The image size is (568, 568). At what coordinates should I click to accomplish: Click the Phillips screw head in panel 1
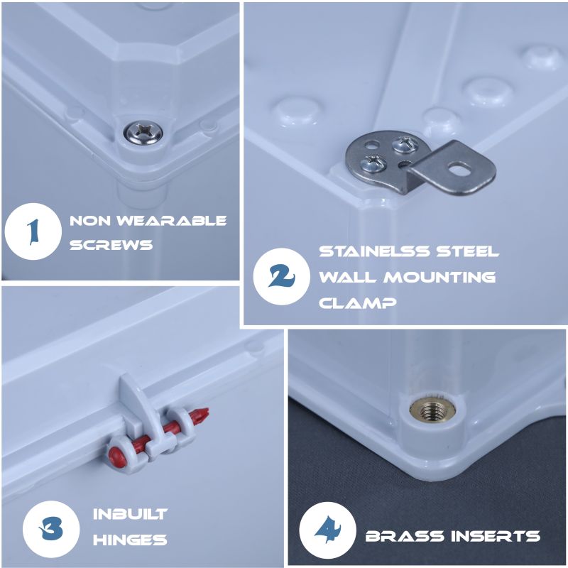click(x=143, y=133)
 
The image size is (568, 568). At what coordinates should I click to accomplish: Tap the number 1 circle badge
click(x=33, y=231)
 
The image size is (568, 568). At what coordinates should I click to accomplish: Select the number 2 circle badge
click(x=281, y=276)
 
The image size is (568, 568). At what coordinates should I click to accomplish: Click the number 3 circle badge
click(x=51, y=529)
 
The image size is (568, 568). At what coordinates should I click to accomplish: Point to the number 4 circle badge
click(x=328, y=529)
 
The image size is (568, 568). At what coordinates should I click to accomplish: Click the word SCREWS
click(x=111, y=245)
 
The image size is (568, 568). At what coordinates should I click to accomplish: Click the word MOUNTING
click(x=439, y=277)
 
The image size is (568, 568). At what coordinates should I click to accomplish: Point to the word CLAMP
click(x=358, y=303)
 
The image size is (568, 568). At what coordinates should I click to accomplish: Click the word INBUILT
click(x=130, y=514)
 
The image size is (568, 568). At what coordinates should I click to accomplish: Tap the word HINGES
click(x=130, y=540)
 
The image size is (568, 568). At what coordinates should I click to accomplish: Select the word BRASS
click(x=405, y=536)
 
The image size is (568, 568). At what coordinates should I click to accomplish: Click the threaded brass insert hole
click(x=432, y=411)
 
